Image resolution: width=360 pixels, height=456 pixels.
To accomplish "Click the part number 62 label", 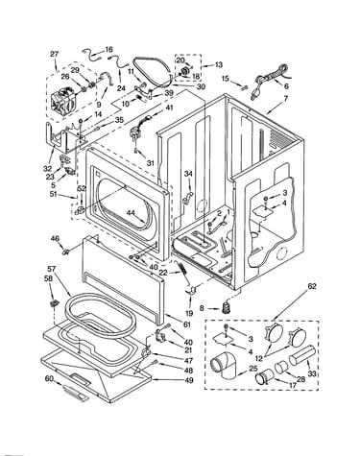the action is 312,286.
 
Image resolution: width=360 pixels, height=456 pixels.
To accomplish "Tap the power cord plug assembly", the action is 271,82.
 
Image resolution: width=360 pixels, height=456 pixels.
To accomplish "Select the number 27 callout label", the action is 55,54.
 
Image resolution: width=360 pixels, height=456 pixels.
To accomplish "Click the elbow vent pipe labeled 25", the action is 225,365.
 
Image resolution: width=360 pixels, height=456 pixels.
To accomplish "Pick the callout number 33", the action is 312,373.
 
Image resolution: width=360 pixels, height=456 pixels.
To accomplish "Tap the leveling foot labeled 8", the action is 228,307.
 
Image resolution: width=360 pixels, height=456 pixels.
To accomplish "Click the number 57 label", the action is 52,270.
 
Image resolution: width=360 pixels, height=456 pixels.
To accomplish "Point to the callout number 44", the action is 131,212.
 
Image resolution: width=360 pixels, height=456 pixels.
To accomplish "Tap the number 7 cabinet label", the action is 285,99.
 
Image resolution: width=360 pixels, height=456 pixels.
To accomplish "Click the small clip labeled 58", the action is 53,302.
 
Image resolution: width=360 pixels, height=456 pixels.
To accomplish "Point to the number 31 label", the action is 151,162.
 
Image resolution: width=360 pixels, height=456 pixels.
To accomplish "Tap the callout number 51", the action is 53,194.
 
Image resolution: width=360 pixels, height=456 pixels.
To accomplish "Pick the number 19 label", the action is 189,313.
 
